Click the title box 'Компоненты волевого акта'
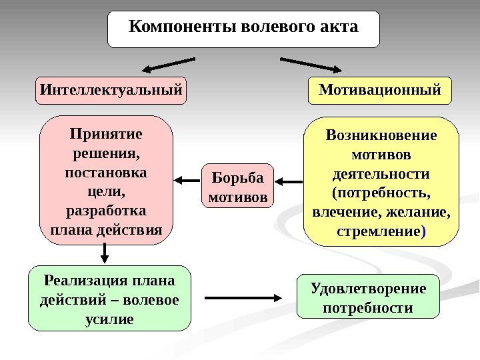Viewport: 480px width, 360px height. [x=243, y=29]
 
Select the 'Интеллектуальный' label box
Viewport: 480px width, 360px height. [x=111, y=90]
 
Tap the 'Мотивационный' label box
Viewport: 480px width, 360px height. [x=379, y=90]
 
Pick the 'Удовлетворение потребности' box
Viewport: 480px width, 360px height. [x=368, y=298]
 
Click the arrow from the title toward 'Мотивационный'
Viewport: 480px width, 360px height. [x=310, y=65]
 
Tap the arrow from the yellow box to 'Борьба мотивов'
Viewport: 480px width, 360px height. [x=288, y=180]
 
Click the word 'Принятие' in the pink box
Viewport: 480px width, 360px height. [x=106, y=134]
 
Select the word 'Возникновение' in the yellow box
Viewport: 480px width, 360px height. [x=381, y=136]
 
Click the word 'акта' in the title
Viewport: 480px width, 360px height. [x=339, y=27]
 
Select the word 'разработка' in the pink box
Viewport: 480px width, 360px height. [x=106, y=211]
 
